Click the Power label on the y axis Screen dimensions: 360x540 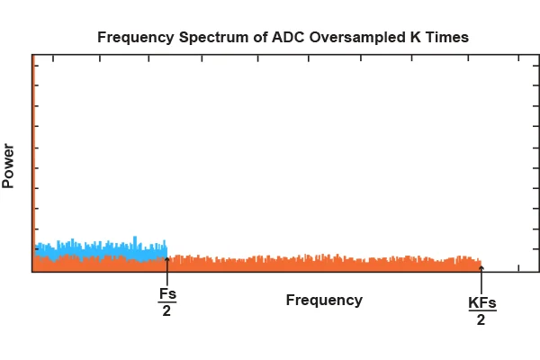pyautogui.click(x=9, y=166)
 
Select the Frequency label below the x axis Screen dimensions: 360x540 pyautogui.click(x=324, y=300)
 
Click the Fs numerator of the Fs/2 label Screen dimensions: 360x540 pyautogui.click(x=167, y=293)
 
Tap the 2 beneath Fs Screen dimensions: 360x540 pyautogui.click(x=167, y=311)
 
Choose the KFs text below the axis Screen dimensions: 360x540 pyautogui.click(x=481, y=303)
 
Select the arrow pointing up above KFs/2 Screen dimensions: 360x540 pyautogui.click(x=481, y=274)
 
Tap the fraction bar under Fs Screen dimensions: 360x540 pyautogui.click(x=167, y=302)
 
